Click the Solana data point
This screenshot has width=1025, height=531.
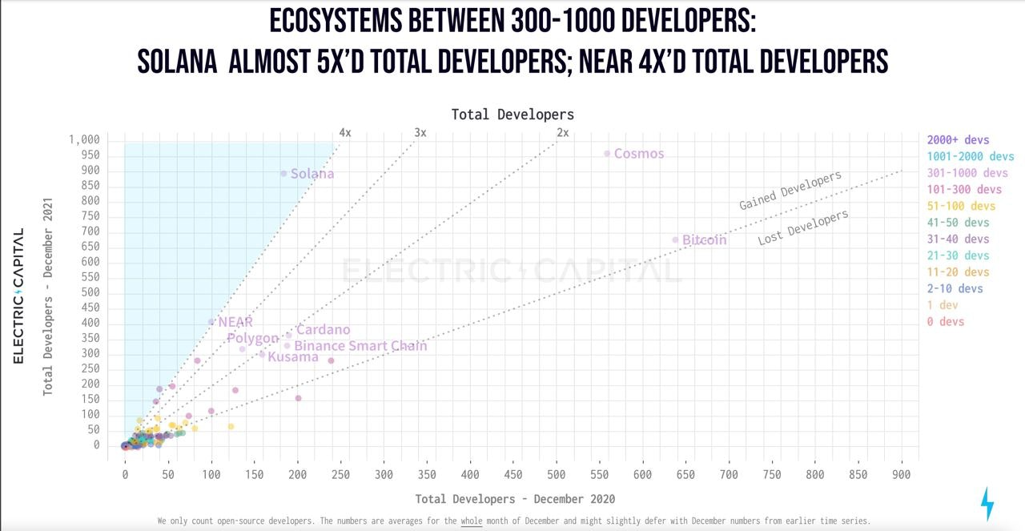pos(283,174)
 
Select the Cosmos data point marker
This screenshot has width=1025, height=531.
pos(607,154)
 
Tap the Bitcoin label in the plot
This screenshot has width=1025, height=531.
pos(704,240)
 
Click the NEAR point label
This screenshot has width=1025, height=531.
pos(235,322)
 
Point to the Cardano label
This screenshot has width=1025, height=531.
pos(323,330)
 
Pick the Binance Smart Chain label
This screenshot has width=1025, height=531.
pos(360,346)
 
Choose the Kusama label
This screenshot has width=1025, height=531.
pos(293,357)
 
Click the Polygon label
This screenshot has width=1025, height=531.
pos(252,339)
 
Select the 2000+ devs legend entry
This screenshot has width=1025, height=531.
pos(958,140)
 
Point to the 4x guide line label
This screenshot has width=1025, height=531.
pos(344,133)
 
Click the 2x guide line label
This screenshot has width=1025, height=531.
pos(562,133)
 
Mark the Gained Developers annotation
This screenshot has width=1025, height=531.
pos(790,191)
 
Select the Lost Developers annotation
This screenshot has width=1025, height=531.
pos(802,227)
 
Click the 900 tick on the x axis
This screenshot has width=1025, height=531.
pos(902,475)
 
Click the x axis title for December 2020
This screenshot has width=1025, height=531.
pos(514,499)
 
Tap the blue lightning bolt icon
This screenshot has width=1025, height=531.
pos(987,504)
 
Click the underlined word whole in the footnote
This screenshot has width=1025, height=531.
pos(471,521)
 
